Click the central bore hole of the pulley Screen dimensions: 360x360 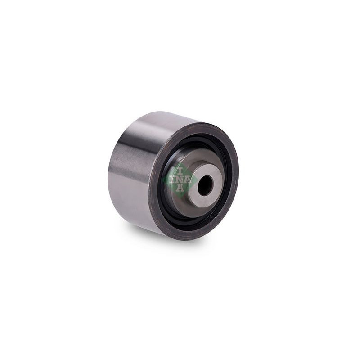[x=205, y=186]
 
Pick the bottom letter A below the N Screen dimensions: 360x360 [x=180, y=188]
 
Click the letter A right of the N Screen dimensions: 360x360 [x=188, y=180]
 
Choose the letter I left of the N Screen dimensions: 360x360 [x=172, y=180]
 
